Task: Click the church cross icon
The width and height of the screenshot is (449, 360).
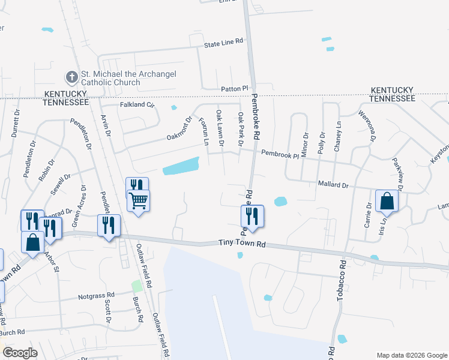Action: click(x=71, y=77)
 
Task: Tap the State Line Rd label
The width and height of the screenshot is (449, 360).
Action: click(x=223, y=43)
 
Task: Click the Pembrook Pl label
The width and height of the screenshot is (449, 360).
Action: click(x=279, y=154)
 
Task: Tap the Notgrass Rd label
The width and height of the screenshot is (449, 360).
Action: click(x=96, y=296)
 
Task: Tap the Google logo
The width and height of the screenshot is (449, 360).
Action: click(x=20, y=352)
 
